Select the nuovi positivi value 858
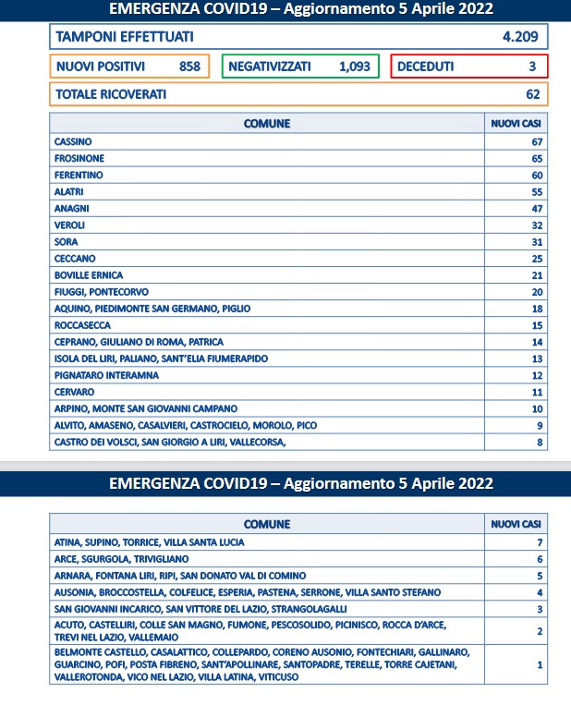[189, 67]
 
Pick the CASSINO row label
[73, 141]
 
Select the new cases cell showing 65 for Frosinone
[536, 158]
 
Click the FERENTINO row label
[79, 175]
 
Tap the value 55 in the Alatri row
[536, 191]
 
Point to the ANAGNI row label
[72, 208]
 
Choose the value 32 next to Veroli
[536, 225]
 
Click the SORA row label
[67, 241]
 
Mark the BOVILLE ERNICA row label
[89, 274]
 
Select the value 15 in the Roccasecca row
[536, 325]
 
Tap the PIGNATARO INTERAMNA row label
[106, 375]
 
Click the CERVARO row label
[75, 392]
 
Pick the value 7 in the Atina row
[539, 542]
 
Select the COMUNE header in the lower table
[267, 524]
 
